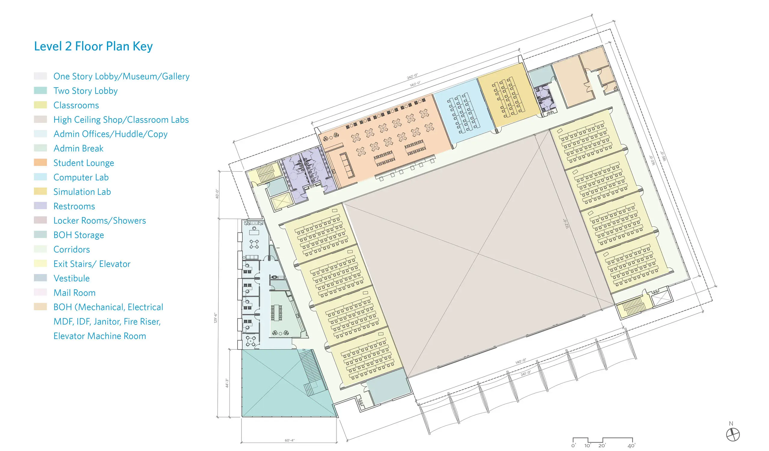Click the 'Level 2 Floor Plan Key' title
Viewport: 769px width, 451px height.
[93, 46]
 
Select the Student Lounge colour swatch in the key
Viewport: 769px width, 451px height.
[40, 163]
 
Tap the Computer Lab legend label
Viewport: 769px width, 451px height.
[81, 177]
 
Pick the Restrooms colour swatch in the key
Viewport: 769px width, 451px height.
[40, 206]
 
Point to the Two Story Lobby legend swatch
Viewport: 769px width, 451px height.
[40, 90]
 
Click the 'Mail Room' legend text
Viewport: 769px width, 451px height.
[74, 293]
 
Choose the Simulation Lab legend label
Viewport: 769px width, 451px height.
[82, 191]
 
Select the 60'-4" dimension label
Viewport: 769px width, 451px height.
[289, 440]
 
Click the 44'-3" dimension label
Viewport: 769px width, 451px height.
[227, 383]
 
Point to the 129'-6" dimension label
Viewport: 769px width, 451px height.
[215, 318]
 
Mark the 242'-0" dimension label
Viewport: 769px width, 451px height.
[412, 76]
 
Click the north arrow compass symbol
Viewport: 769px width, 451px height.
[733, 434]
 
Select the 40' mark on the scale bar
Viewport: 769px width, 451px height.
[631, 446]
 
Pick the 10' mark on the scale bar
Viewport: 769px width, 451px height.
[588, 446]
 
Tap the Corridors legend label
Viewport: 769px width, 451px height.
[72, 249]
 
